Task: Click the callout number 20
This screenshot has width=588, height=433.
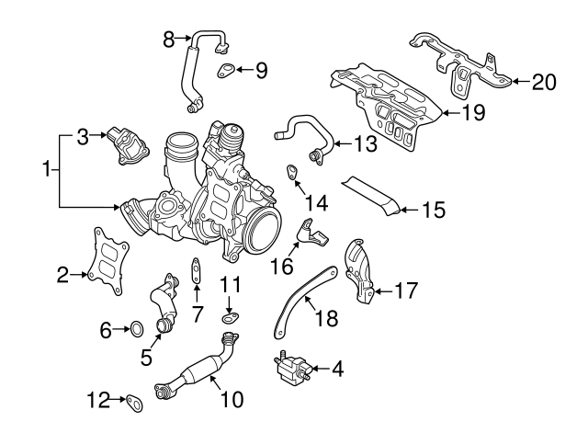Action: (x=544, y=82)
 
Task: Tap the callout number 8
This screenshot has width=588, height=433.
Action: (x=168, y=39)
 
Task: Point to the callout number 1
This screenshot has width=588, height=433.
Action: (x=45, y=169)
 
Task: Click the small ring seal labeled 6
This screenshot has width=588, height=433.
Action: (x=134, y=327)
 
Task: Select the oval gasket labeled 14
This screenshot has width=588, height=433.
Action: (x=291, y=171)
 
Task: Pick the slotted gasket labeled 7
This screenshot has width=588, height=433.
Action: (x=196, y=270)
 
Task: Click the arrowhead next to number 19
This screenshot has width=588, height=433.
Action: (x=441, y=113)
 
